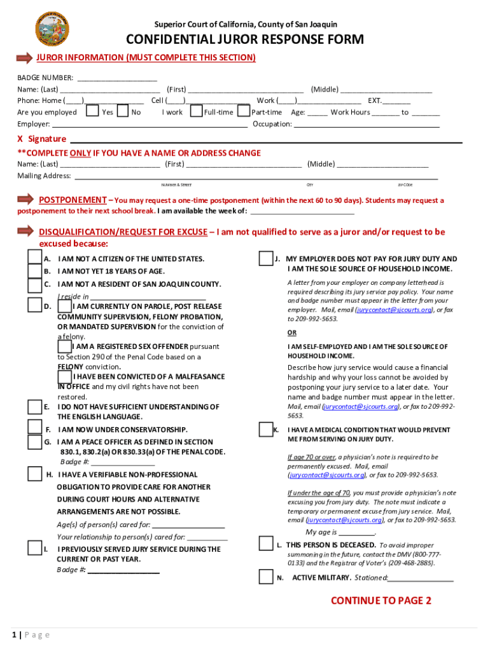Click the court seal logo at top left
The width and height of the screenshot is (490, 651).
coord(53,28)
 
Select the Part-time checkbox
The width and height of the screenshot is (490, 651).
coord(243,112)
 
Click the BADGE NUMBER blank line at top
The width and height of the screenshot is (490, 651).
coord(116,78)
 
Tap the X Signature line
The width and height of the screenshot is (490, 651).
coord(265,139)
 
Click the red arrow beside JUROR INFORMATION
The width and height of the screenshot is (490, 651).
coord(24,58)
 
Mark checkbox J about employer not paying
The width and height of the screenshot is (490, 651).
coord(266,259)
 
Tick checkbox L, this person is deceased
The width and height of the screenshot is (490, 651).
coord(266,544)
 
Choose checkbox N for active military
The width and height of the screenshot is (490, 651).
coord(266,577)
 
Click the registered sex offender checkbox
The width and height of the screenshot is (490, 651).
coord(64,346)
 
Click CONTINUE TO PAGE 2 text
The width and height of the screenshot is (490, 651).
coord(381,601)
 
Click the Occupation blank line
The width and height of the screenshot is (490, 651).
coord(366,125)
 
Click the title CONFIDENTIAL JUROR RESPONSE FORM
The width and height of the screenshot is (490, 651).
coord(245,40)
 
